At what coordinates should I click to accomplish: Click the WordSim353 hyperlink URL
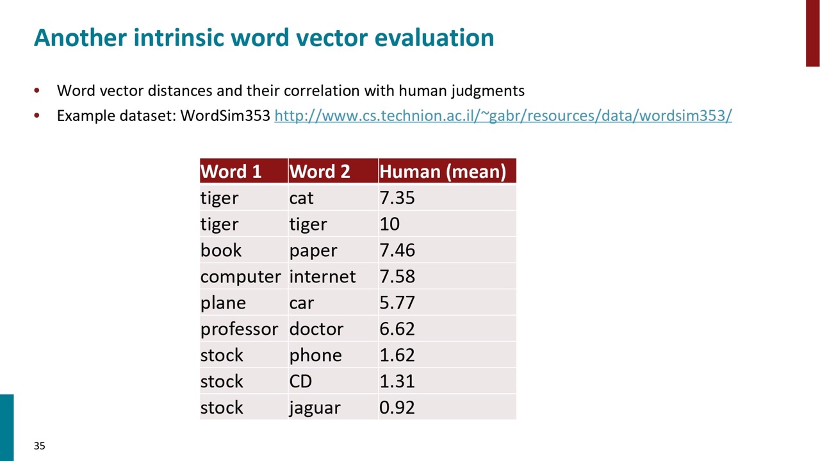(x=503, y=116)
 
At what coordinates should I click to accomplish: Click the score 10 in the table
(x=389, y=224)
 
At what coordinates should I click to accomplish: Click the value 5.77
(x=397, y=303)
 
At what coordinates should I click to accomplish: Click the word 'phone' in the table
(x=316, y=355)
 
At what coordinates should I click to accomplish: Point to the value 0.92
(x=397, y=408)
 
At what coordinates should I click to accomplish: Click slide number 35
(x=40, y=446)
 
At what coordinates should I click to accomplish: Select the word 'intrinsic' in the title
(x=178, y=37)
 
